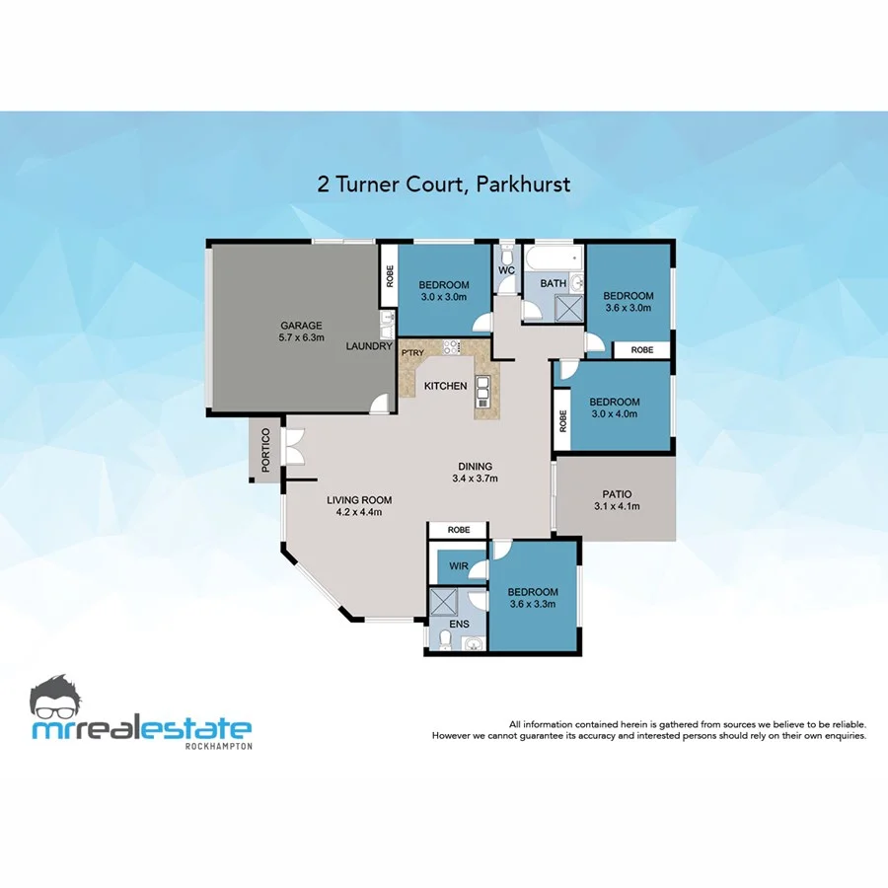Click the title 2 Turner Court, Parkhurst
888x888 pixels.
[x=444, y=184]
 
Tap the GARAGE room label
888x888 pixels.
[x=301, y=326]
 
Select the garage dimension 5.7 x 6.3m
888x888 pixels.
[x=301, y=337]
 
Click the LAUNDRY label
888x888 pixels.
[x=370, y=346]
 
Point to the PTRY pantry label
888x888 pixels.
[x=412, y=352]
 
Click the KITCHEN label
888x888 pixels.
[x=445, y=386]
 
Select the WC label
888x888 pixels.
[x=507, y=269]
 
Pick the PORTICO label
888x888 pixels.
[x=264, y=451]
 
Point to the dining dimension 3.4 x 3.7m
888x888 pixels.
[x=475, y=479]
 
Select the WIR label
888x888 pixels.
[x=458, y=567]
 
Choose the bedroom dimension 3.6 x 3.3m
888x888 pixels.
[x=533, y=604]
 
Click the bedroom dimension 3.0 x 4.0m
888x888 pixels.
[x=615, y=414]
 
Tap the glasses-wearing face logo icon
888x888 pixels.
[x=61, y=699]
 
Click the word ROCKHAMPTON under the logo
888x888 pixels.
[x=219, y=746]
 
